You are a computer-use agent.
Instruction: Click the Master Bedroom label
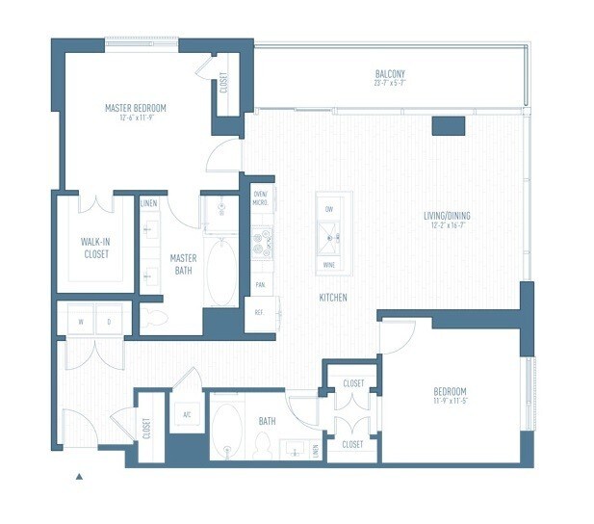pyautogui.click(x=136, y=108)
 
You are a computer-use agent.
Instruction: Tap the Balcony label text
pyautogui.click(x=390, y=75)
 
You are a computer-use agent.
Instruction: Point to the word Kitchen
pyautogui.click(x=333, y=298)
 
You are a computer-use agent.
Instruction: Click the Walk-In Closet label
pyautogui.click(x=95, y=249)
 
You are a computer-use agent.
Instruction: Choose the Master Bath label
pyautogui.click(x=183, y=264)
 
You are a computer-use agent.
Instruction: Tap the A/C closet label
pyautogui.click(x=186, y=416)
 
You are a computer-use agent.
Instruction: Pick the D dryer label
pyautogui.click(x=108, y=322)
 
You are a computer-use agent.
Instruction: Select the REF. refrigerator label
pyautogui.click(x=259, y=312)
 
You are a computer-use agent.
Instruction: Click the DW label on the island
pyautogui.click(x=329, y=208)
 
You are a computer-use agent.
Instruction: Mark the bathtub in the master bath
pyautogui.click(x=221, y=273)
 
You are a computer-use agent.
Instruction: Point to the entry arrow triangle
pyautogui.click(x=80, y=476)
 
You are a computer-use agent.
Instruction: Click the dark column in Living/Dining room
pyautogui.click(x=449, y=125)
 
